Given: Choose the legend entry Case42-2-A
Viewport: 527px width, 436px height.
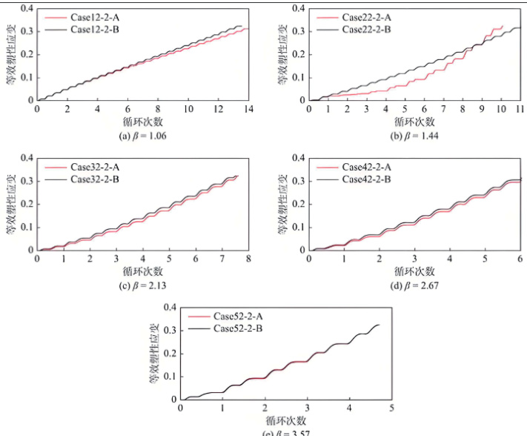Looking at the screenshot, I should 368,168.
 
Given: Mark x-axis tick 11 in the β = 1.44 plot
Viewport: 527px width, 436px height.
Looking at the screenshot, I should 520,109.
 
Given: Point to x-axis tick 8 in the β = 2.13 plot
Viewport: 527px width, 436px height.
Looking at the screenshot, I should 248,258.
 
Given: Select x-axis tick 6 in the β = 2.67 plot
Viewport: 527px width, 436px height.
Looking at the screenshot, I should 520,258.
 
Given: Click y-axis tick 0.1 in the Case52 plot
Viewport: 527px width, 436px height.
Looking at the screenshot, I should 169,376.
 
